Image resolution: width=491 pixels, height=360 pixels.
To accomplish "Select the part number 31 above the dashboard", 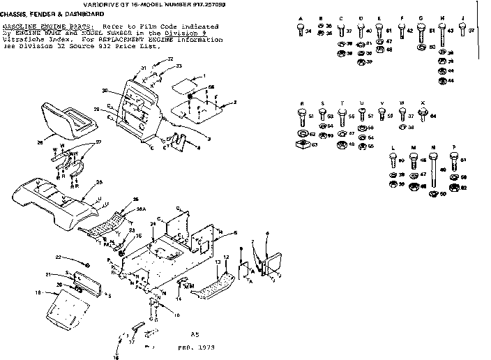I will (x=143, y=68).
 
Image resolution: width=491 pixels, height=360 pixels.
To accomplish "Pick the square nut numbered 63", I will (x=303, y=144).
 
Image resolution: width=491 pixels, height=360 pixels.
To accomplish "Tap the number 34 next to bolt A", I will (x=309, y=31).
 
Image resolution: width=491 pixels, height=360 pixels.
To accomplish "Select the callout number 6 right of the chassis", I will (x=267, y=233).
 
